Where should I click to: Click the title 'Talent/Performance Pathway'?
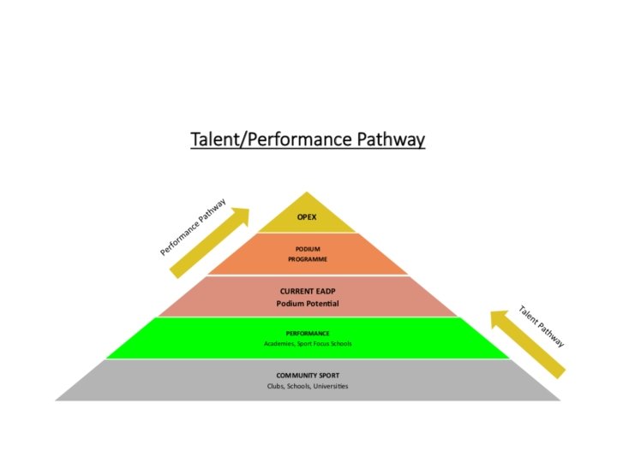tap(308, 139)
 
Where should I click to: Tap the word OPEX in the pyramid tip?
tap(307, 217)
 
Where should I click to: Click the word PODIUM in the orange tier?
tap(308, 248)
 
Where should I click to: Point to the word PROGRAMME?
tap(308, 258)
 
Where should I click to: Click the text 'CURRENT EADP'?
tap(308, 291)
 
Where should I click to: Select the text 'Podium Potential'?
tap(308, 304)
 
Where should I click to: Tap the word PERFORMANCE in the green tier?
tap(308, 333)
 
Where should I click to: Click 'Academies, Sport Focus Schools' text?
tap(308, 343)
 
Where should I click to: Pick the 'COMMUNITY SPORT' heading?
tap(308, 375)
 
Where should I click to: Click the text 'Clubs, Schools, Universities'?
tap(308, 386)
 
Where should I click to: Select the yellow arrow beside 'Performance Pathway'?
tap(211, 242)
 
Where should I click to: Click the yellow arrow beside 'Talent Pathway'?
tap(526, 342)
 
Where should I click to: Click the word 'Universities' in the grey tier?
tap(330, 386)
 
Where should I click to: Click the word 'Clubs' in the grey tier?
tap(275, 386)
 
